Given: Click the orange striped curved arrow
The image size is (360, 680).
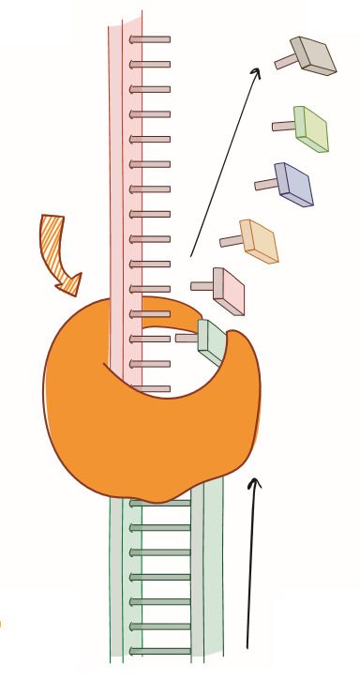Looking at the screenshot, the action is point(55,246).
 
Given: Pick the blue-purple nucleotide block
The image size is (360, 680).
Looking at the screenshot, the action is point(294,184).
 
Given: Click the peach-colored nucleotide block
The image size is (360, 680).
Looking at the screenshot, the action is point(260,241).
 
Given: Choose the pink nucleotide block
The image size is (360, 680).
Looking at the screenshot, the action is point(229,291).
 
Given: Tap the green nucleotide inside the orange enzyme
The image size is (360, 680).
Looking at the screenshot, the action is point(212,341).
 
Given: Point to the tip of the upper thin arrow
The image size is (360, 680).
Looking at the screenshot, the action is point(260,69).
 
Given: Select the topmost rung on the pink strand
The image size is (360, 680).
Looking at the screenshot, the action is point(150,39).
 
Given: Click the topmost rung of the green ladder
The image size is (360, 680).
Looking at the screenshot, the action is point(160,503).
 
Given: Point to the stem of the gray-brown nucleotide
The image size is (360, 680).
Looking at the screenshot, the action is point(285,62).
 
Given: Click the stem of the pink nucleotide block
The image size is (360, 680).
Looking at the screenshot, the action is point(202,286).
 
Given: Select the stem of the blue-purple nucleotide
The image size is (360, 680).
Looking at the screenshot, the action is point(266,185).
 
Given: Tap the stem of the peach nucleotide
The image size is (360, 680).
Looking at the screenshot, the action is point(231,241).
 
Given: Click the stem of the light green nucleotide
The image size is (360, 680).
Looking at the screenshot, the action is point(283,126).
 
